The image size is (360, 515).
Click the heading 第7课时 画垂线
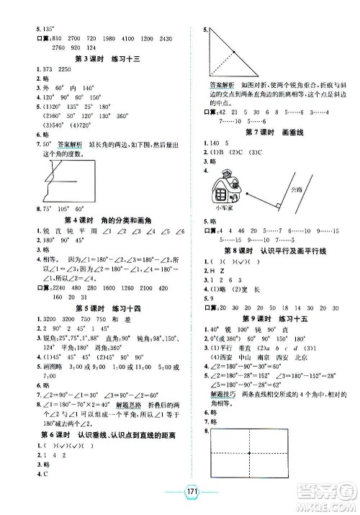[273, 133]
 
